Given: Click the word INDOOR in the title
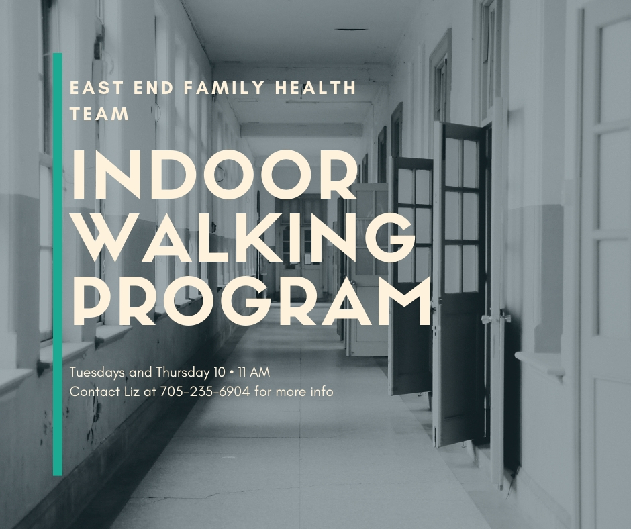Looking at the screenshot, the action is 214,174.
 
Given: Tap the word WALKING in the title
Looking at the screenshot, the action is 243,237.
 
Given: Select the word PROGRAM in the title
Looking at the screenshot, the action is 251,300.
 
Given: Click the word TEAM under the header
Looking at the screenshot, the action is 99,113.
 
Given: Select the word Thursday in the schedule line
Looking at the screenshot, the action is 183,373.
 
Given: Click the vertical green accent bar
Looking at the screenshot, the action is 58,264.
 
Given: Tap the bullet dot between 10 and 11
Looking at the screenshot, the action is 232,373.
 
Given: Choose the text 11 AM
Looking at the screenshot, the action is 254,373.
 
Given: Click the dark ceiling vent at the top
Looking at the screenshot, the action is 351,30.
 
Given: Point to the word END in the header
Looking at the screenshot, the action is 153,88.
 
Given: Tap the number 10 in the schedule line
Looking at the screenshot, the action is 220,373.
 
